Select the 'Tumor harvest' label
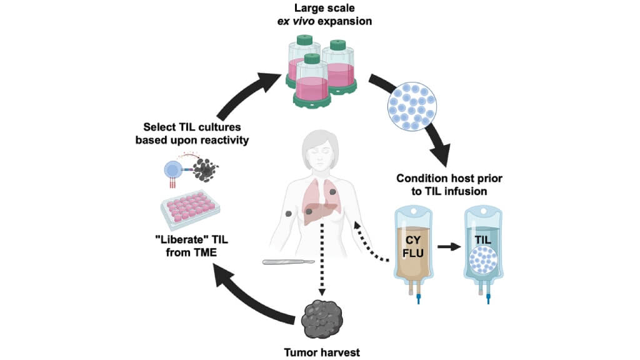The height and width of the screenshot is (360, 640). tap(320, 352)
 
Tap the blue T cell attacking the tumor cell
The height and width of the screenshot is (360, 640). tap(172, 169)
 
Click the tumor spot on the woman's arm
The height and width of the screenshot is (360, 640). tap(288, 214)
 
